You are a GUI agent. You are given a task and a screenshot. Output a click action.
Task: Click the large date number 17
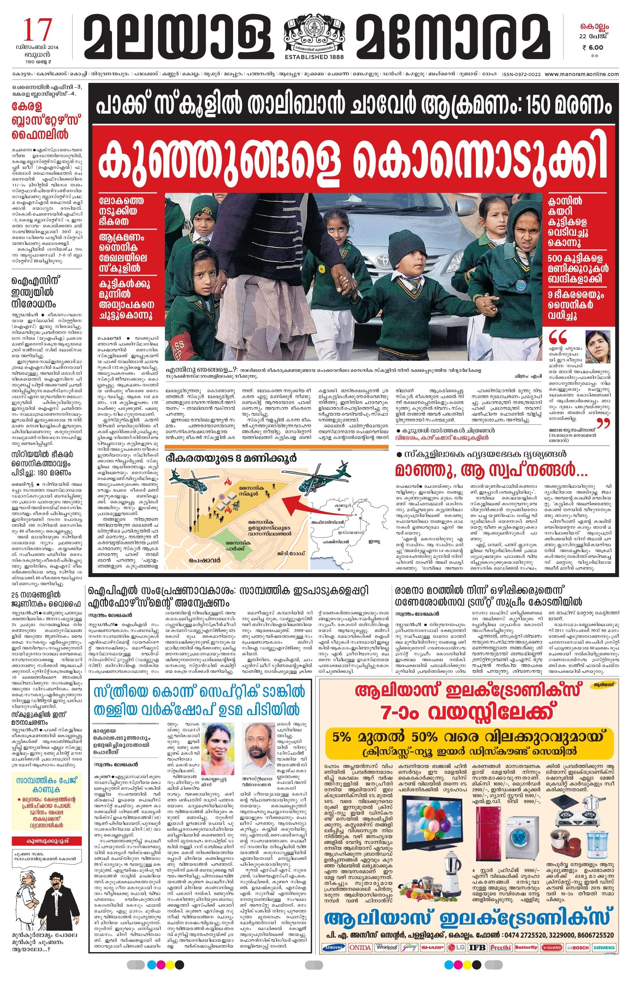tap(37, 30)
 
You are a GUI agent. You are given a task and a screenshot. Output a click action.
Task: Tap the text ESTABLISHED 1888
tap(314, 57)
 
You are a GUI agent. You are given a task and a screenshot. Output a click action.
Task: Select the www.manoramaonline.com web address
tap(582, 74)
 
